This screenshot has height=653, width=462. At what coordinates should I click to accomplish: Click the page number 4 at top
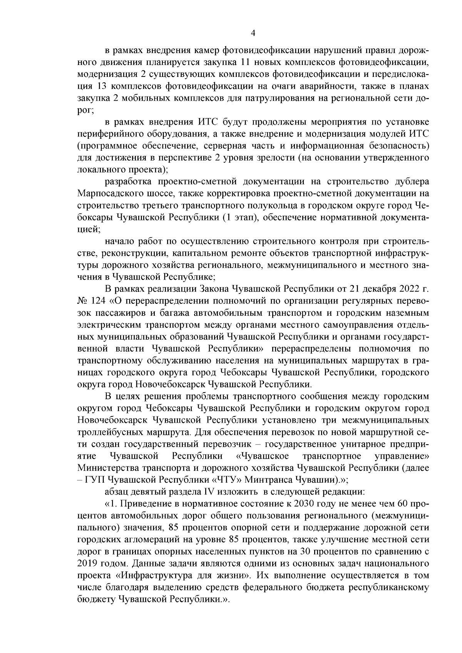coord(253,33)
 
